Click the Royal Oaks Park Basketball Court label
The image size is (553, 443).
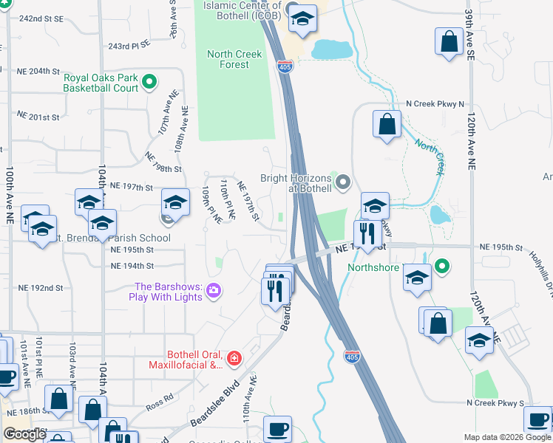[101, 83]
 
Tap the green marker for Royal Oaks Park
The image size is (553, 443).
[149, 82]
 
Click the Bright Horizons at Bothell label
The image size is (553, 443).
[295, 182]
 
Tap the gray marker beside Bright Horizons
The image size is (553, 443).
[342, 181]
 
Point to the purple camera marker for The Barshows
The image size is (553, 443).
[214, 291]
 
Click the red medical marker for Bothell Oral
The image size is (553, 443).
[234, 359]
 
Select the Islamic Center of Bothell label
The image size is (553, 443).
[240, 10]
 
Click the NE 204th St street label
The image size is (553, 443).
[38, 71]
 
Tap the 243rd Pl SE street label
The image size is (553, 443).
[129, 46]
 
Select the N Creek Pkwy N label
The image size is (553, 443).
[435, 105]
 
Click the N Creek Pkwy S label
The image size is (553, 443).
[495, 403]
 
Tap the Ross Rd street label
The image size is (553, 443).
[159, 405]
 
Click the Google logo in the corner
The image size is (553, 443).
[25, 433]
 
